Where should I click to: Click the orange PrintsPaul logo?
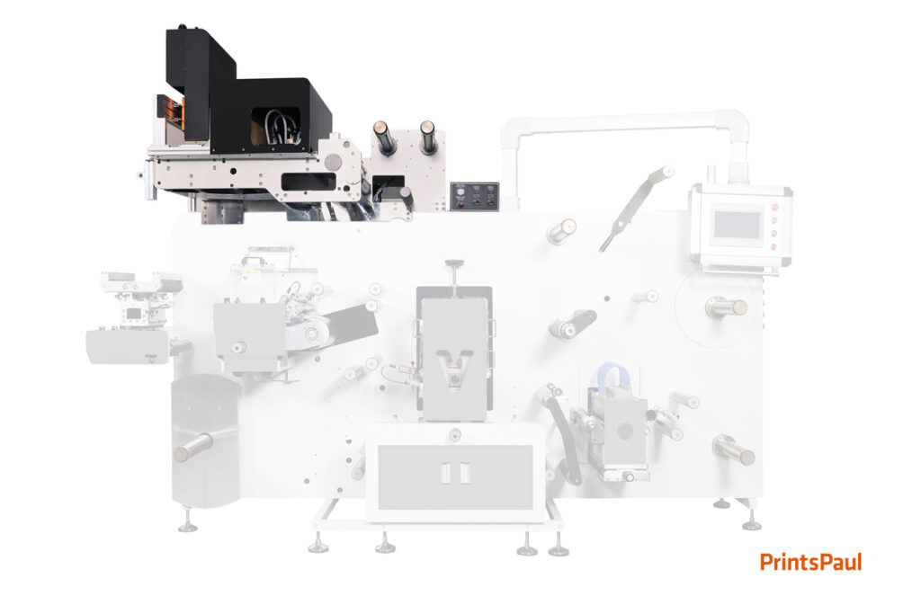coord(810,562)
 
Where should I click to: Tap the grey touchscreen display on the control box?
coord(737,225)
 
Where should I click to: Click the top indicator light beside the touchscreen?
coord(773,207)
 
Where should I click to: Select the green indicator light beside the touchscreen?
coord(773,234)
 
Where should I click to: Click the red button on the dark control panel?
coord(460,204)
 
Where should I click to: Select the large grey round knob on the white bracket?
coord(333,161)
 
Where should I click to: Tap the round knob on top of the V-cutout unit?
coord(454,264)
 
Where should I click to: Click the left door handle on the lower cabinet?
coord(446,473)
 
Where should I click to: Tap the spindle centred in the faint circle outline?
coord(726,307)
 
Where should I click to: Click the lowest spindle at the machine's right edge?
coord(734,450)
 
